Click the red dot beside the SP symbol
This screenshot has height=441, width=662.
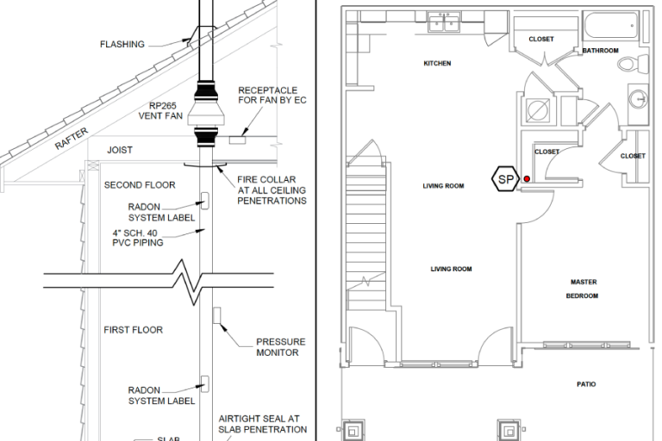point(527,178)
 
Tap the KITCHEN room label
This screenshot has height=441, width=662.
point(437,64)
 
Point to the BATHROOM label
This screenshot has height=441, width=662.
point(600,51)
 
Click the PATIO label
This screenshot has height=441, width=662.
point(586,384)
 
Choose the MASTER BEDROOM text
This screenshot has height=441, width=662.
point(583,289)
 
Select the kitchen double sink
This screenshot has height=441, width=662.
point(443,22)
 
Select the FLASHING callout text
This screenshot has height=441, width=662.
point(122,44)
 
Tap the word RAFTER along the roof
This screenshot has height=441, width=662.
point(72,140)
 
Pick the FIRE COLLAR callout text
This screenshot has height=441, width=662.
point(272,189)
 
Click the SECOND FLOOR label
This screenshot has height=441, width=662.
point(140,185)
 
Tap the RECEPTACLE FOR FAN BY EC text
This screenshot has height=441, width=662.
point(272,95)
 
